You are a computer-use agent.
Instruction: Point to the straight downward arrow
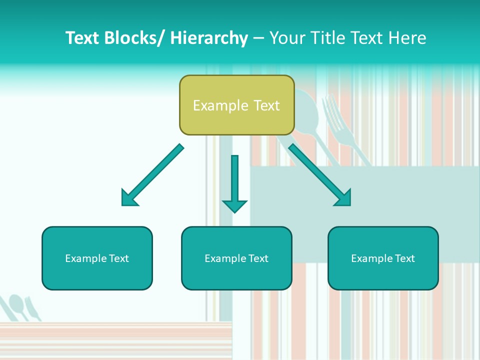click(234, 184)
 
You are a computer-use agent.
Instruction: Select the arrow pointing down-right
click(320, 176)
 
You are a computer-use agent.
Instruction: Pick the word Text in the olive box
click(266, 105)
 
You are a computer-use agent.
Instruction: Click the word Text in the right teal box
click(404, 258)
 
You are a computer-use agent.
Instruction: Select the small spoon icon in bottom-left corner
click(18, 305)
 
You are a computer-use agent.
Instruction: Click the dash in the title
click(258, 38)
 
